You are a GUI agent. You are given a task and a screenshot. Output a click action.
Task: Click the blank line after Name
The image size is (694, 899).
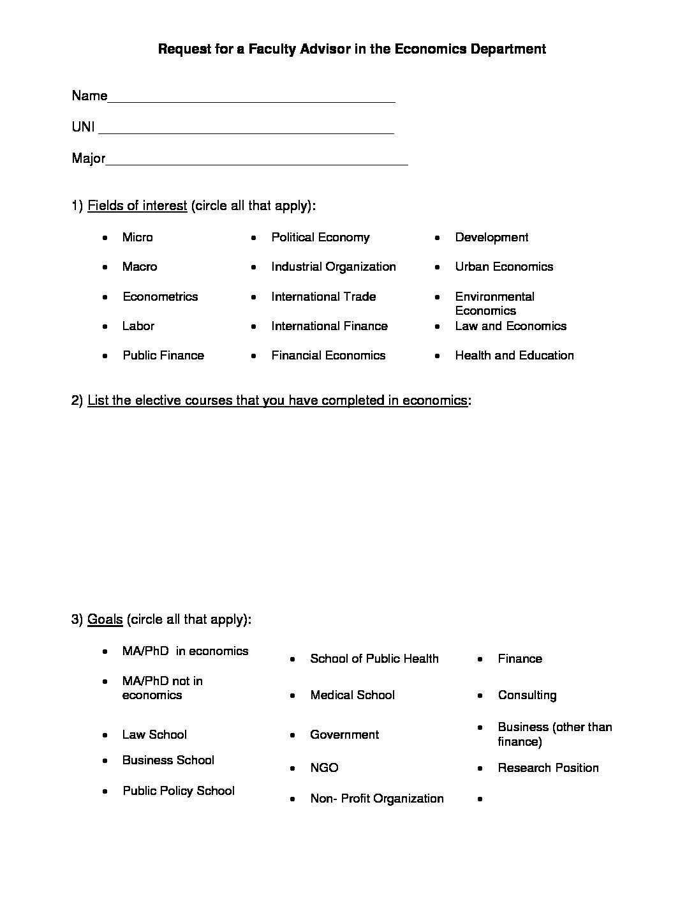point(251,98)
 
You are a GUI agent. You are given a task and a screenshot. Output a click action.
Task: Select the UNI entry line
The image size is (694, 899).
point(246,129)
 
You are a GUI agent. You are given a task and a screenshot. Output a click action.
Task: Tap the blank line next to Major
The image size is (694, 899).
point(256,160)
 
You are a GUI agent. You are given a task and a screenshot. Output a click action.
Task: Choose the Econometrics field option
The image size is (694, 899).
point(160,297)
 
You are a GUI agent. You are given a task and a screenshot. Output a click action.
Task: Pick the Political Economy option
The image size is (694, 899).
point(320,238)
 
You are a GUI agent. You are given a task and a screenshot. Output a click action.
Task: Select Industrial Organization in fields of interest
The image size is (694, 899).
point(333,267)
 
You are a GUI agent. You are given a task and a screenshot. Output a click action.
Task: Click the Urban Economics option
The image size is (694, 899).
point(504,267)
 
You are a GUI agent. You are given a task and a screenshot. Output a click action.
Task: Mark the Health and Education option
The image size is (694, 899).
point(514,356)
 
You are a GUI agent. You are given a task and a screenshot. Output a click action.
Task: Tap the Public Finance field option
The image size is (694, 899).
point(163,356)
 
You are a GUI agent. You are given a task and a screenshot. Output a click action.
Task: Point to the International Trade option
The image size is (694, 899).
point(323,297)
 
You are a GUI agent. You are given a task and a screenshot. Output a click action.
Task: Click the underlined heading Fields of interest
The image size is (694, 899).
point(137,206)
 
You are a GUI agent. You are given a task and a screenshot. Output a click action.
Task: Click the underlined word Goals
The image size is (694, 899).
point(105,619)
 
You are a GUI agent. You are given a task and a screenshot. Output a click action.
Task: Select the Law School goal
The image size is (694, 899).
point(154,735)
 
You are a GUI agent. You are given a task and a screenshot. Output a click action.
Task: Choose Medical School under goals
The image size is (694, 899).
point(352,695)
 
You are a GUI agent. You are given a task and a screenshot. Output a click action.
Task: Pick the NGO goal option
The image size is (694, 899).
point(324,768)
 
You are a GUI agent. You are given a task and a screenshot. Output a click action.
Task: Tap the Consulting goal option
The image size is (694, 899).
point(527,695)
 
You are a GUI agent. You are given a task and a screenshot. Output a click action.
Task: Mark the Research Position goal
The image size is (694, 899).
point(548,768)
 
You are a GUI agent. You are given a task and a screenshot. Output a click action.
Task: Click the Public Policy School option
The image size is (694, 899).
point(179,791)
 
